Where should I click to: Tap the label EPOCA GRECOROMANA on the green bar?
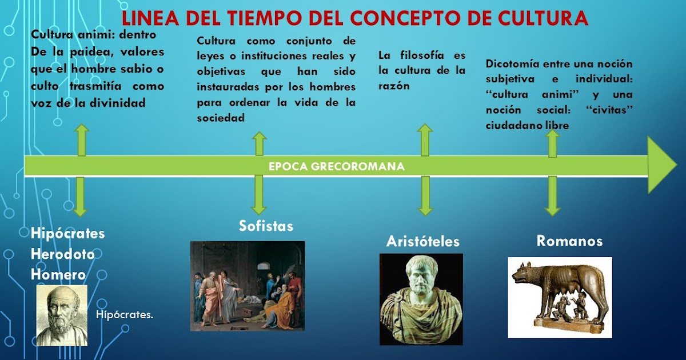[337, 166]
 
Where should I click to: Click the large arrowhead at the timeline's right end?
[662, 165]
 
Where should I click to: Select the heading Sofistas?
[266, 226]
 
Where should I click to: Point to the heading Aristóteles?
[422, 242]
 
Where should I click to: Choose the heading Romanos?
[569, 241]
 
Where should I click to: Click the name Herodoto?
[63, 254]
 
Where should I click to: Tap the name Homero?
[58, 275]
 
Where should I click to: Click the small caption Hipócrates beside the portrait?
[125, 315]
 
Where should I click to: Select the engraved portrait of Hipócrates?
[62, 315]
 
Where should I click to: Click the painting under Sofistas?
[248, 286]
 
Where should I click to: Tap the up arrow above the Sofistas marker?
[259, 144]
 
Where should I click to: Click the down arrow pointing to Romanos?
[552, 196]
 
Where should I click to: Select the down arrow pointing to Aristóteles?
[425, 196]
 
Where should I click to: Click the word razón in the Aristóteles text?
[394, 86]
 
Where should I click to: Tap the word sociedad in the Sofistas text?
[221, 118]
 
